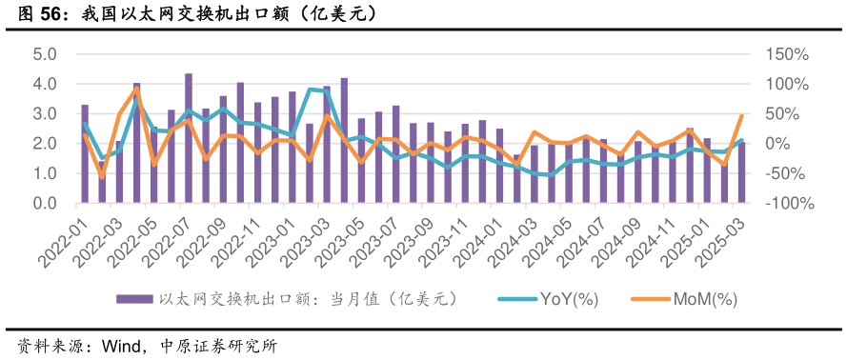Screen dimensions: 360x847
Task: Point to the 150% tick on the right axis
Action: pos(788,54)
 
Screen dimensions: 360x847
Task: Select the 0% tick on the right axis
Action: pos(776,144)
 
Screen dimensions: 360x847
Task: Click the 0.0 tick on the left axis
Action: pos(45,204)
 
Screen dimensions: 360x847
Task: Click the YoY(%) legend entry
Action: pos(568,299)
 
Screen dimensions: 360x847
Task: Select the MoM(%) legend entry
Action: pos(705,299)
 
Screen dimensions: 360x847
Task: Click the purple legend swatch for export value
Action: pos(134,299)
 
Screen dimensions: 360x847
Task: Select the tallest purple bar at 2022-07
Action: pos(189,138)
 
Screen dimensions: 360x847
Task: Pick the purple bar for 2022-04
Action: pos(136,143)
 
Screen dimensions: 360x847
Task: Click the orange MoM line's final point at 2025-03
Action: pos(741,116)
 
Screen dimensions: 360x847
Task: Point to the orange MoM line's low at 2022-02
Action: pos(102,176)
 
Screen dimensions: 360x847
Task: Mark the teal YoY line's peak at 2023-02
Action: pos(310,90)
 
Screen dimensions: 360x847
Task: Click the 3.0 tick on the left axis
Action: pos(45,114)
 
